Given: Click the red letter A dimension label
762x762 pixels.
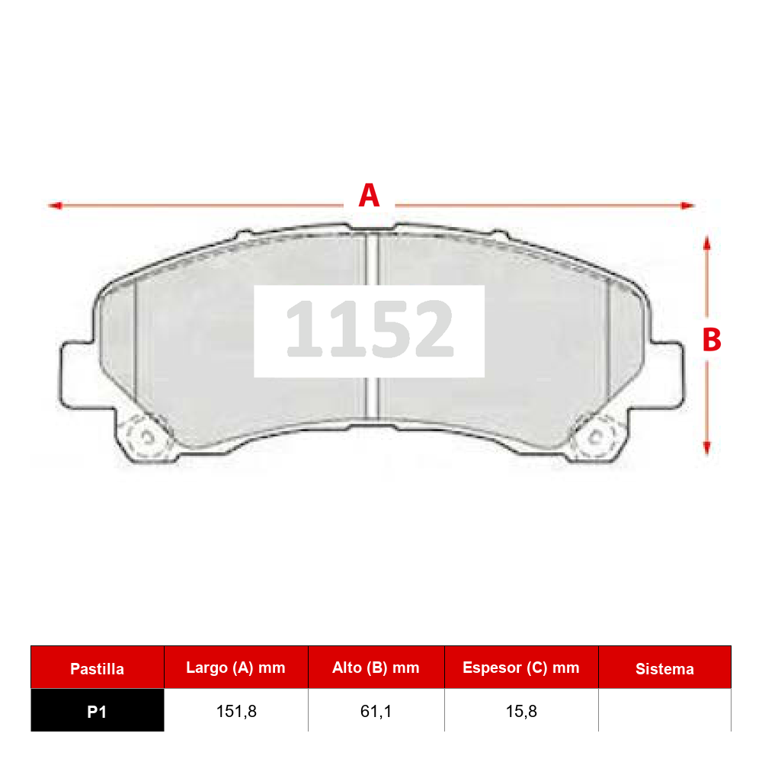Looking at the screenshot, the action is (369, 195).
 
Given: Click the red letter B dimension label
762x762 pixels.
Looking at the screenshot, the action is (712, 339).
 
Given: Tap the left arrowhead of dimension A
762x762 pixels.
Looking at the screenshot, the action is (56, 206).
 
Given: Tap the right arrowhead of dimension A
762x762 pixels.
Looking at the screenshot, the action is (687, 206).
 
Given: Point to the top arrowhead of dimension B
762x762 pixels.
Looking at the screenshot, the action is (707, 243).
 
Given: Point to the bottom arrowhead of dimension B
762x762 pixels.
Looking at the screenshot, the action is (707, 447).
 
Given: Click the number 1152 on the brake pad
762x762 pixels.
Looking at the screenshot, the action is (370, 329).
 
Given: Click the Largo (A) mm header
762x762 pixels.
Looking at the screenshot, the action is (235, 668).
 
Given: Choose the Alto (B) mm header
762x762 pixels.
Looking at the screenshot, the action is (376, 668).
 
